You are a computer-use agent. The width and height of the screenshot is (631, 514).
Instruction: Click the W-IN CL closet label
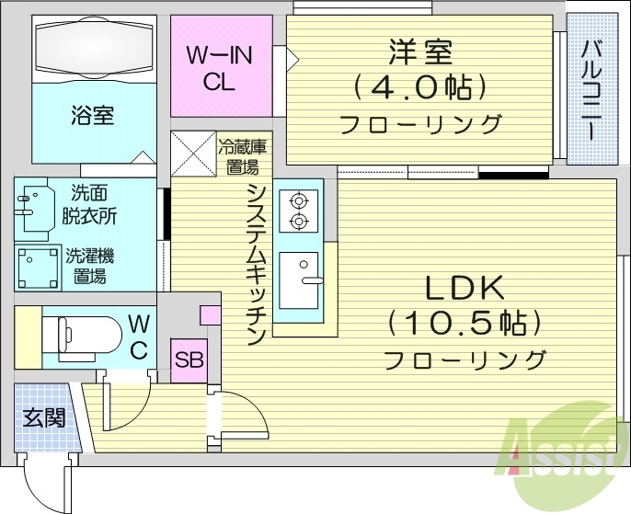pos(220,68)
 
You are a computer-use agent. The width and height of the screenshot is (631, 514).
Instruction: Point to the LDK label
pos(465,289)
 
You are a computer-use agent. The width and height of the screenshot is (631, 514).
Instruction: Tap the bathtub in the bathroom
pos(92,50)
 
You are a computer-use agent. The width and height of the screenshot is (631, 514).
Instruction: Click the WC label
pos(139,336)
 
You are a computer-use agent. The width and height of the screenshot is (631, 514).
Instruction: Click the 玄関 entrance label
pos(44,418)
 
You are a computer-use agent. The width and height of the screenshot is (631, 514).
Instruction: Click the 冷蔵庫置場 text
pos(242,156)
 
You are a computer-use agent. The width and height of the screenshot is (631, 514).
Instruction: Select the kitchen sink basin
pos(299,280)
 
